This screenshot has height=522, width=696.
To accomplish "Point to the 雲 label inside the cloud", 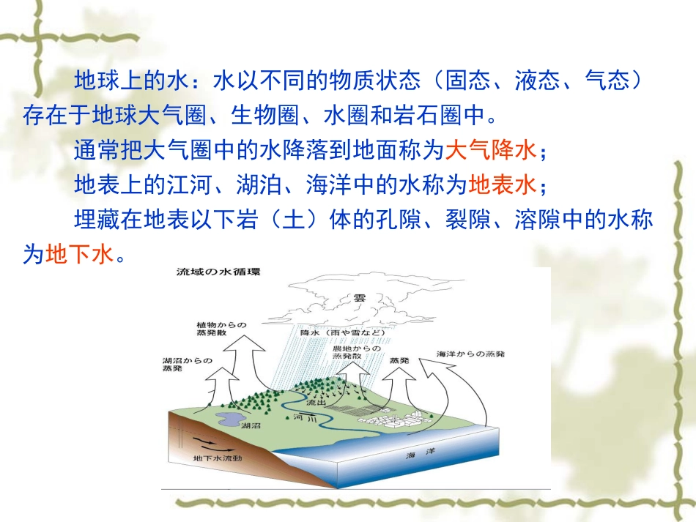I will pos(359,298).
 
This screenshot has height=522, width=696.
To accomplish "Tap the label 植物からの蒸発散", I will pos(221,329).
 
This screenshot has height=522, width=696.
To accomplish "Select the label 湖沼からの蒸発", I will pos(188,364).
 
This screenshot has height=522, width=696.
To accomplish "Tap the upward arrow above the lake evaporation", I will pos(218,385).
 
